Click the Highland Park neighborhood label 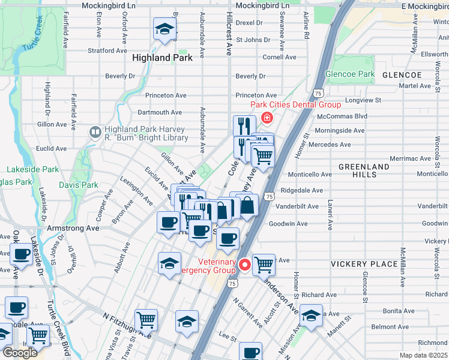click(162, 58)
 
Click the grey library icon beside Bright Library click(95, 131)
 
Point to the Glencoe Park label click(350, 74)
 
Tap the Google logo click(20, 352)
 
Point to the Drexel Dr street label click(249, 23)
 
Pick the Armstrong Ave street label click(73, 229)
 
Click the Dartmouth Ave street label click(160, 112)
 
